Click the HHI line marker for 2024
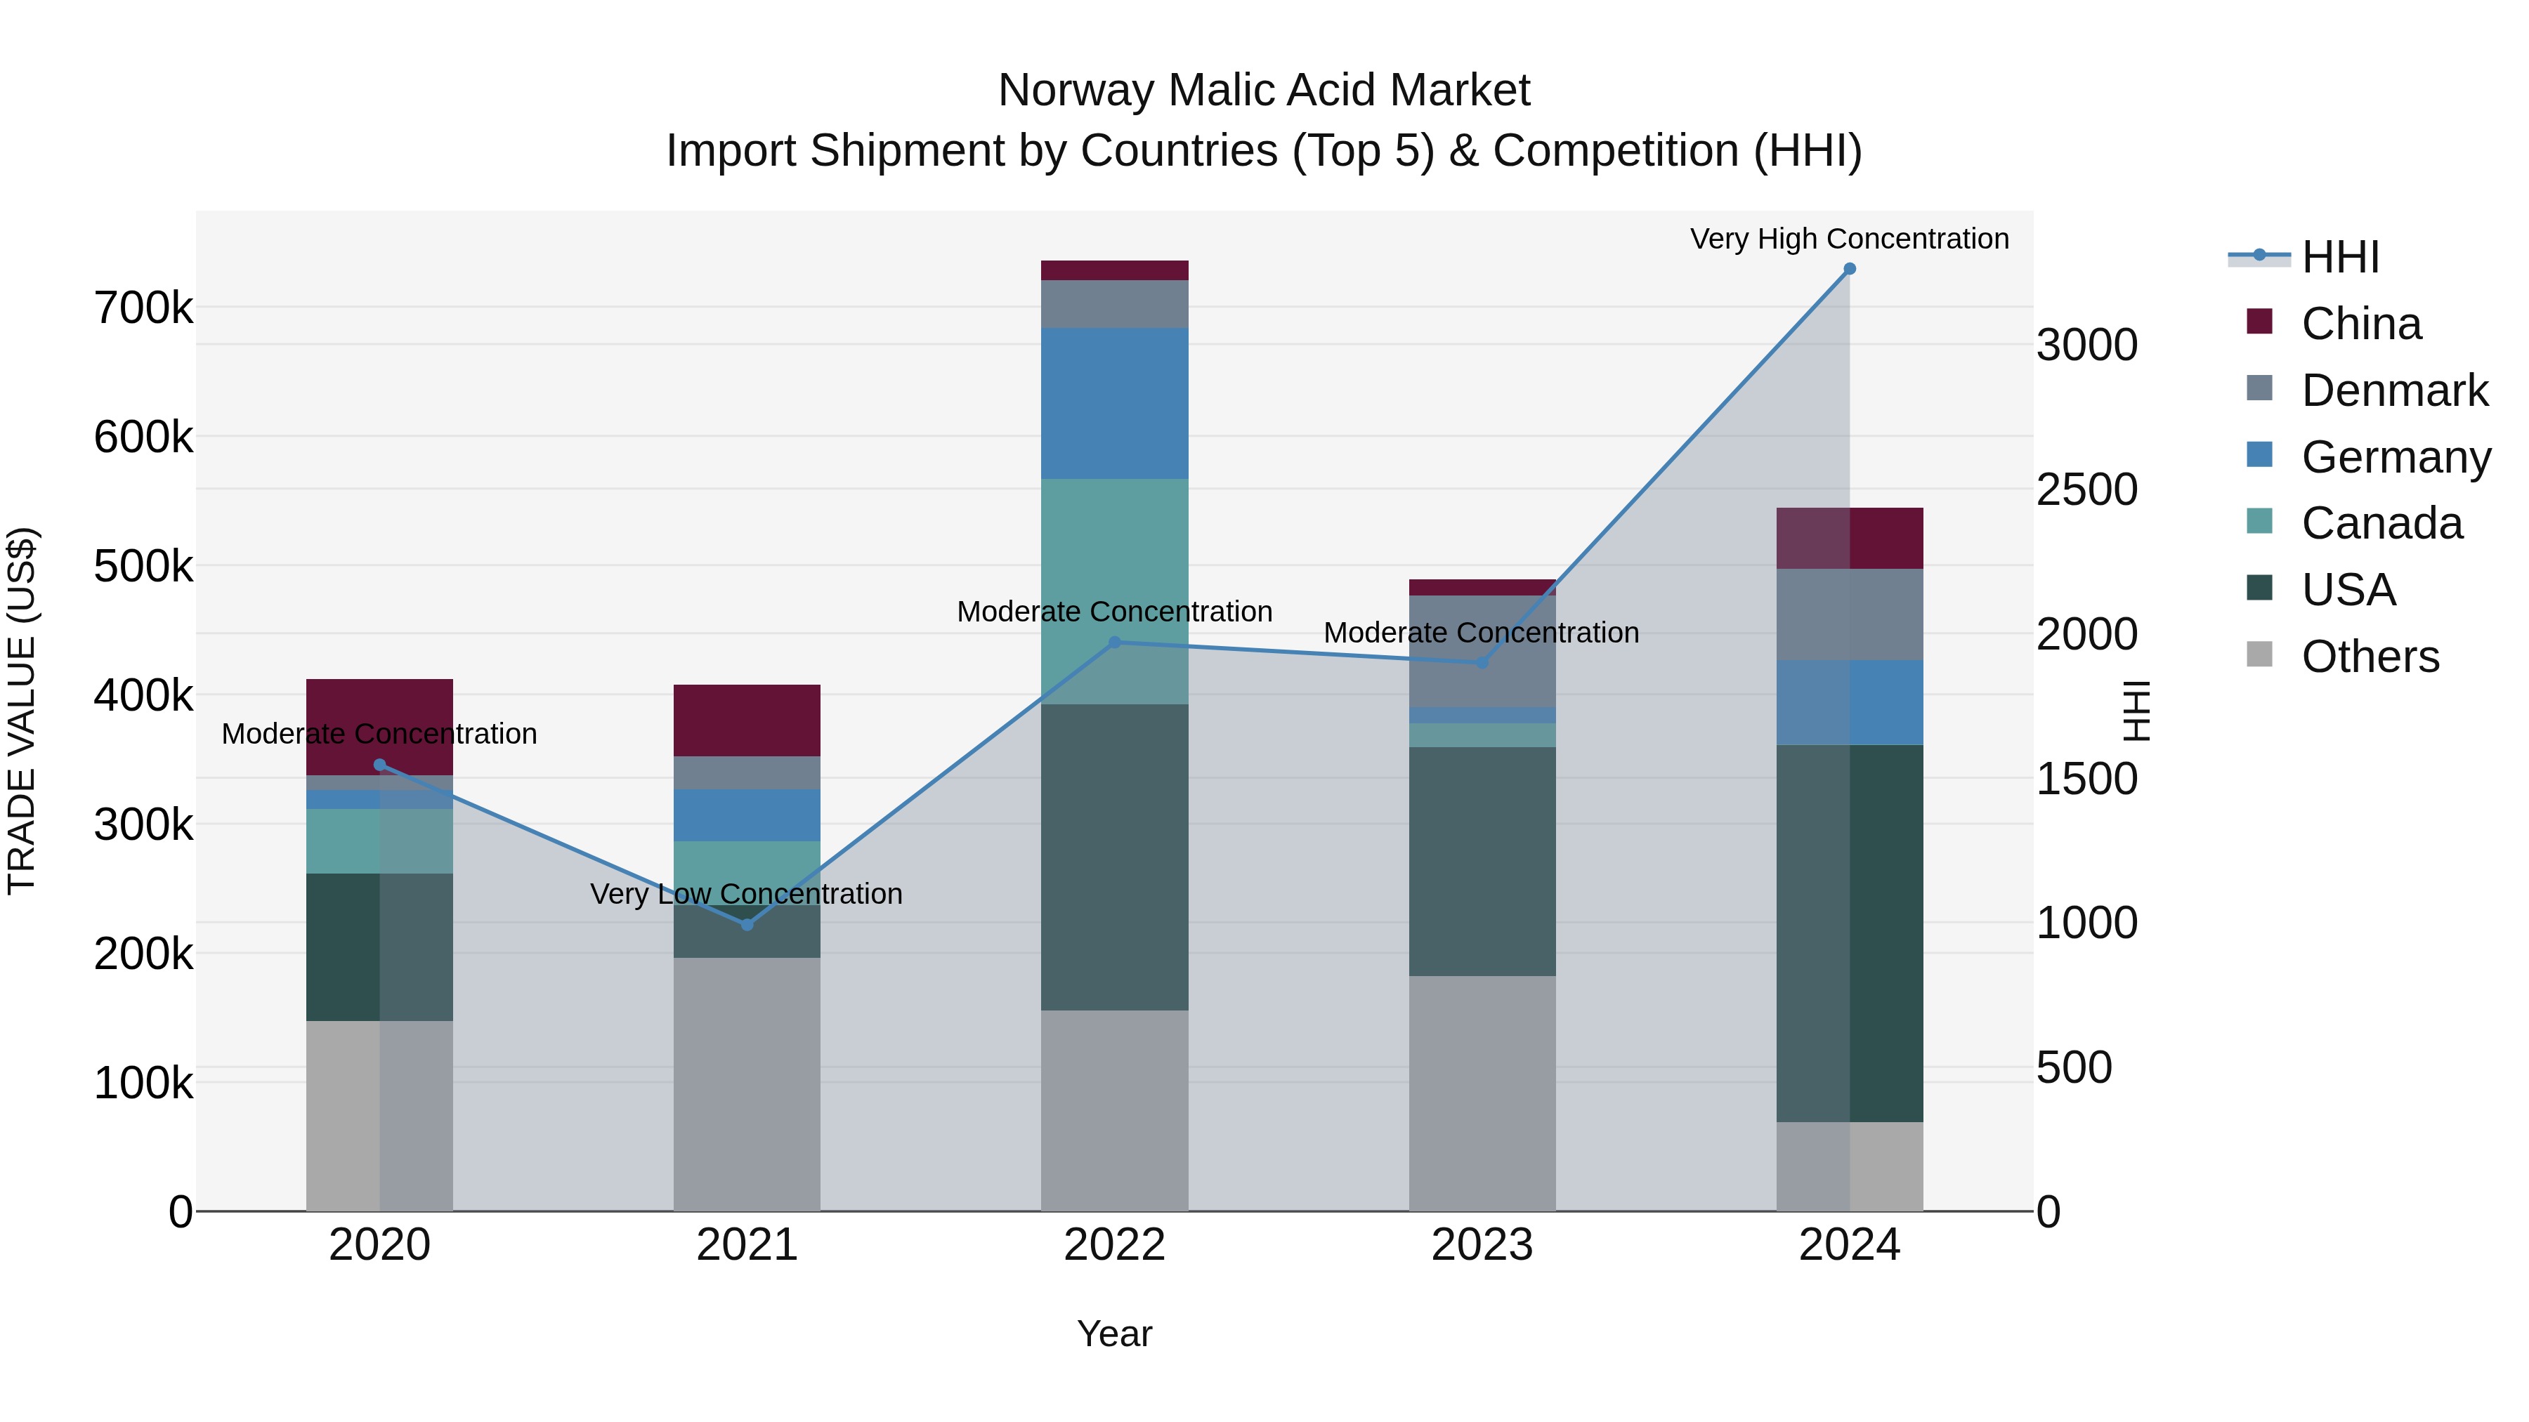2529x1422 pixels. coord(1850,269)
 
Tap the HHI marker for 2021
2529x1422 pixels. coord(747,924)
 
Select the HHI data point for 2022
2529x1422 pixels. coord(1114,643)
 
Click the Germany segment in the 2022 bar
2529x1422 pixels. coord(1114,403)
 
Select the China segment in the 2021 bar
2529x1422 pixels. coord(747,720)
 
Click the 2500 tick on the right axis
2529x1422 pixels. coord(2087,489)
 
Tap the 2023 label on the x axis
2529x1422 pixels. coord(1482,1245)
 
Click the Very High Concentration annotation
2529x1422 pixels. coord(1850,239)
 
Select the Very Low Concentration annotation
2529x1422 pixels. coord(746,894)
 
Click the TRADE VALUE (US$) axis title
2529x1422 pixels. coord(22,711)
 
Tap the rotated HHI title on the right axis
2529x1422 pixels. coord(2136,711)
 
